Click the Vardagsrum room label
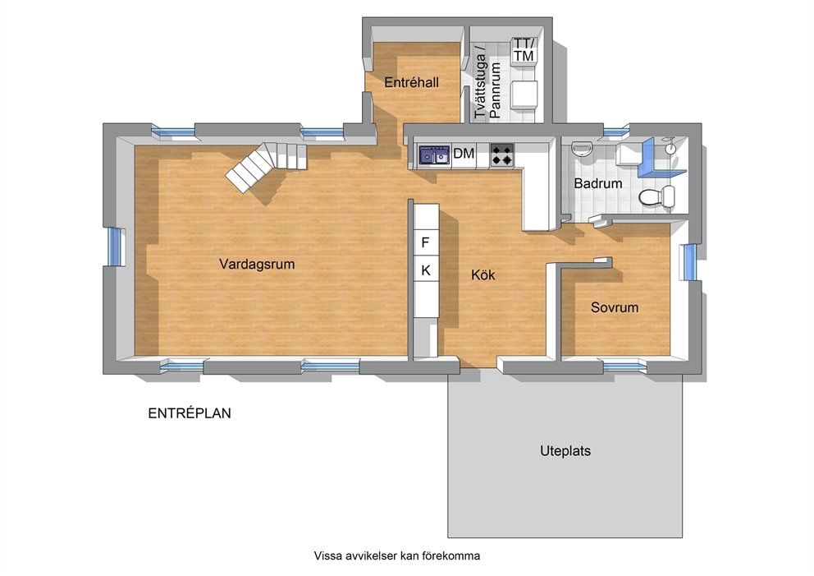257,264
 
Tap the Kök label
482,274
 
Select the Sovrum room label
615,307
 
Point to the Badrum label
598,183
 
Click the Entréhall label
411,82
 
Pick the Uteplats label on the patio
565,451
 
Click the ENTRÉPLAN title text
190,413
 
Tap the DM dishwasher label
464,154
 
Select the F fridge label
425,242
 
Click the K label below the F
426,270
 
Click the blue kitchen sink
435,155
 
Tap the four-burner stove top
502,155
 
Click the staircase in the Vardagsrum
267,166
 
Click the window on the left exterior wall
115,247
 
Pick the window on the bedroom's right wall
688,261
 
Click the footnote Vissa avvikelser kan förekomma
396,555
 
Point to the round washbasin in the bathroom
581,148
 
